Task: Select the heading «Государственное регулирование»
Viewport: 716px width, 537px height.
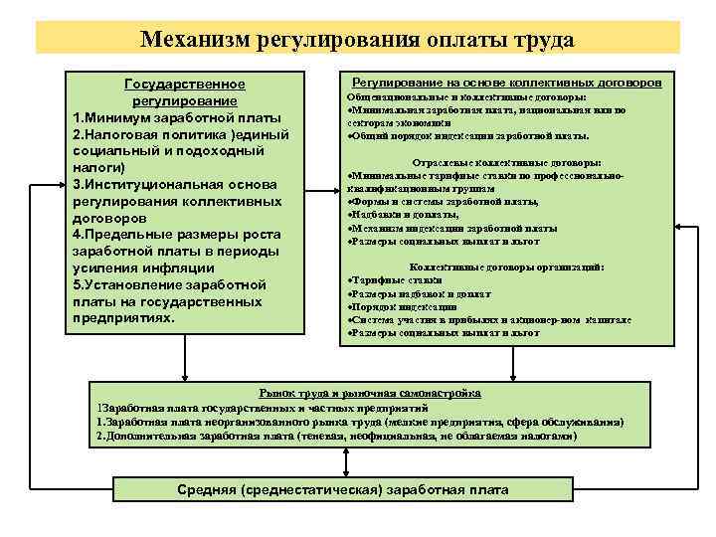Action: (184, 92)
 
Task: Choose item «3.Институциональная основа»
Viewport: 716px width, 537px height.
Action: (175, 185)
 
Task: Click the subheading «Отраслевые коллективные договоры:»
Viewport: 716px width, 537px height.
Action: (506, 162)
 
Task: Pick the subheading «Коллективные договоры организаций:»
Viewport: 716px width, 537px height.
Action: (507, 268)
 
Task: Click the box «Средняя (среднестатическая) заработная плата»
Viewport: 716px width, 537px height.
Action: (342, 490)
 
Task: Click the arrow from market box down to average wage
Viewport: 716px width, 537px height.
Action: (342, 462)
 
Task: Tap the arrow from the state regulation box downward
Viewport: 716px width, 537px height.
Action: (183, 356)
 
